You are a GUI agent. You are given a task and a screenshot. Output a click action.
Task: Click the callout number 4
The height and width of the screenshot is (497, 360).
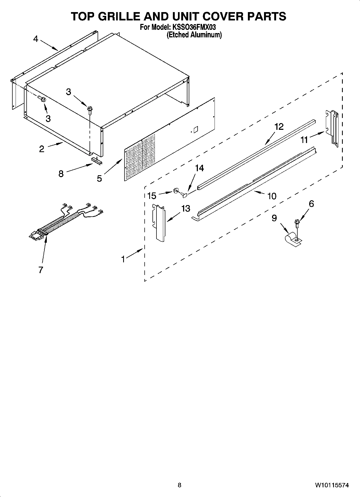coord(36,39)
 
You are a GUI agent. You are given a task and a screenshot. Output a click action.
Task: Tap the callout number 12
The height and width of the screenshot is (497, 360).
coord(279,127)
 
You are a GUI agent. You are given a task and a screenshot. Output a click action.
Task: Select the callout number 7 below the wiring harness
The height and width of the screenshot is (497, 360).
coord(41,270)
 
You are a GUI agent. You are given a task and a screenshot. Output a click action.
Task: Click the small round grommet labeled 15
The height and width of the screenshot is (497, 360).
coord(176,191)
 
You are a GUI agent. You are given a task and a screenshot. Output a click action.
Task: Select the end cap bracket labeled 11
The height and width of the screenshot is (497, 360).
coord(332,128)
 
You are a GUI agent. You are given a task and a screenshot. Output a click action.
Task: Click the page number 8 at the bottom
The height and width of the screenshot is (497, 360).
coord(180,485)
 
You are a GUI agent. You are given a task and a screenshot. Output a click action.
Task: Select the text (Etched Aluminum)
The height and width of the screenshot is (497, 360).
coord(194,35)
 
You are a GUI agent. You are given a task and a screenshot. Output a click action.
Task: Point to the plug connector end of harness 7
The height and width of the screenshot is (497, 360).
coord(36,235)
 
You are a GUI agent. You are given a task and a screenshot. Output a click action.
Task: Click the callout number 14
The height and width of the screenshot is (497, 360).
coord(199,168)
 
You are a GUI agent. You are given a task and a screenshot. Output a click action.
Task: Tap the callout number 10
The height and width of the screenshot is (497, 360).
coord(272,196)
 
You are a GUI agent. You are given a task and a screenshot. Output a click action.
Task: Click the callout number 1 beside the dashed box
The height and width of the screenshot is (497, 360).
coord(123,259)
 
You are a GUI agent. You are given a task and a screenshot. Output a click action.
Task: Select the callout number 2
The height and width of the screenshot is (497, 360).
coord(42,149)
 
